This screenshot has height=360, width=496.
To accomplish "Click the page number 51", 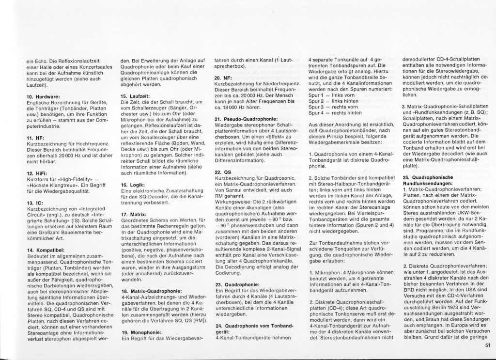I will point(487,345).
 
